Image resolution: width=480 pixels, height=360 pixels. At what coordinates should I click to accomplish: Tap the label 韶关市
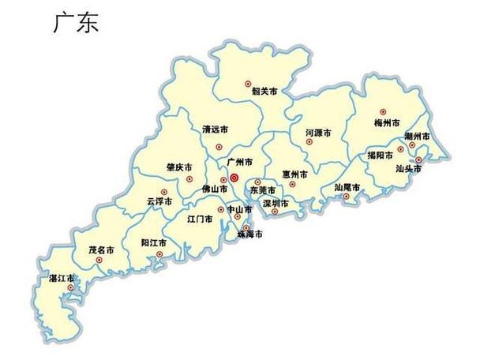tap(264, 92)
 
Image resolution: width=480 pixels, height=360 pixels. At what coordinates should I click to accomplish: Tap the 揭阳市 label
tap(380, 156)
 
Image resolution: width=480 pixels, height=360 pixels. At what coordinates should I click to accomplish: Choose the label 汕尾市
tap(347, 187)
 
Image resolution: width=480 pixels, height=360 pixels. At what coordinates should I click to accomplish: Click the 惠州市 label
tap(294, 174)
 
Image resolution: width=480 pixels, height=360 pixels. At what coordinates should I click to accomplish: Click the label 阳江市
tap(153, 242)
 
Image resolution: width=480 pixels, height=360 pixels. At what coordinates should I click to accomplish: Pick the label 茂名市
tap(101, 249)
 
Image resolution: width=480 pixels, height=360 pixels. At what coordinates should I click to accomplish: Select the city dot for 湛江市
tap(70, 287)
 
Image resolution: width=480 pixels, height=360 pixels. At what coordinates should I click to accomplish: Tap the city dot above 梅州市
tap(384, 112)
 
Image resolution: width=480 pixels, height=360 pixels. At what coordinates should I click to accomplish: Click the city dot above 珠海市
tap(246, 227)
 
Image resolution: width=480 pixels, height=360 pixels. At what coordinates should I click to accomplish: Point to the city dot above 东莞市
tap(257, 182)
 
